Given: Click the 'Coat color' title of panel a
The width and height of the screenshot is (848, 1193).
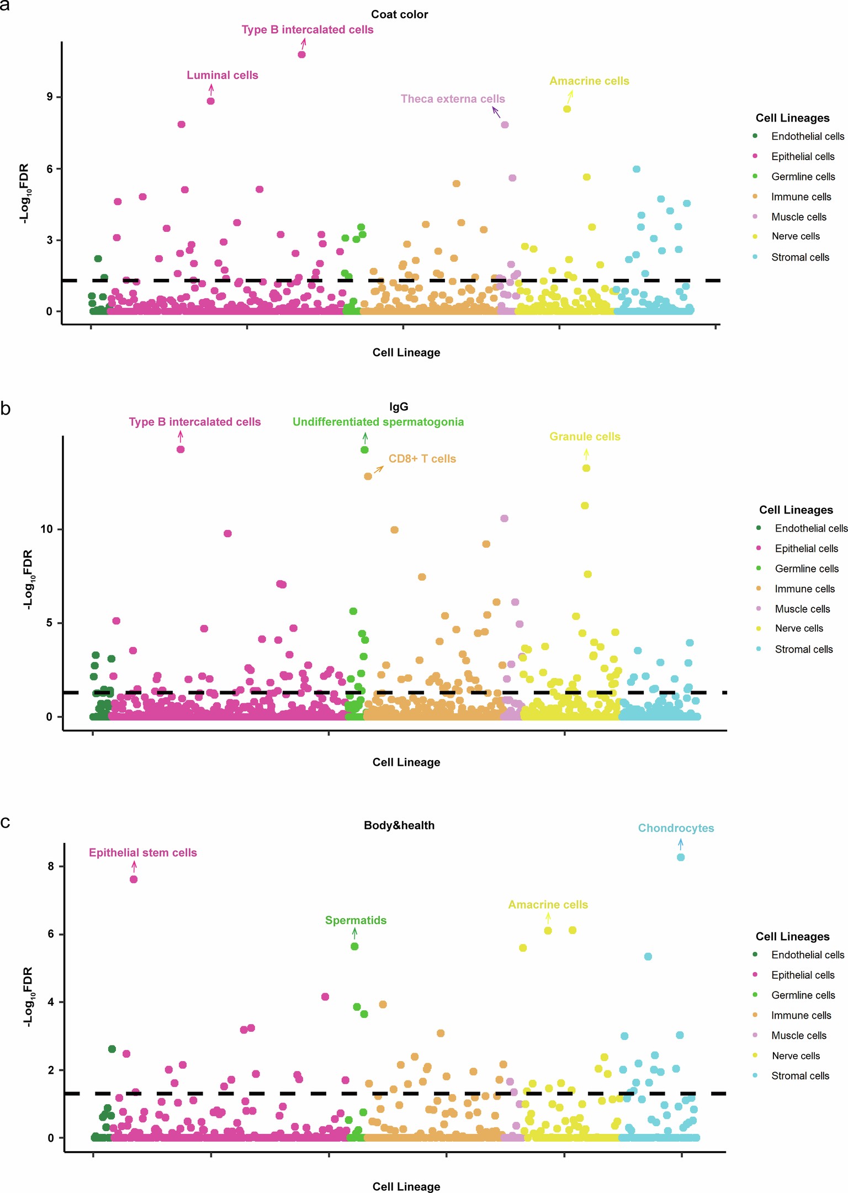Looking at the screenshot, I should tap(399, 14).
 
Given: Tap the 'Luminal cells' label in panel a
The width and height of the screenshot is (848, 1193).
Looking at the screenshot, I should tap(222, 75).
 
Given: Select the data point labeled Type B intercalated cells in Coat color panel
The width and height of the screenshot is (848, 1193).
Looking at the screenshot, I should tap(301, 55).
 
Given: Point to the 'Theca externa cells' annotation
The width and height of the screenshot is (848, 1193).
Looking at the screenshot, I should tap(453, 99).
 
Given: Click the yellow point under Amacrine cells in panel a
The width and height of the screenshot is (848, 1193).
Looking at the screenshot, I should tap(567, 109).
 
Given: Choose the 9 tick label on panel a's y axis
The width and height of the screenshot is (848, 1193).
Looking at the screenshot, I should tap(50, 97).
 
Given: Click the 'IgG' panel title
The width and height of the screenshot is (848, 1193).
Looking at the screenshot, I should tap(399, 407).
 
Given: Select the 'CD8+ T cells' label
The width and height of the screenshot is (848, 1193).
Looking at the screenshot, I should tap(422, 459).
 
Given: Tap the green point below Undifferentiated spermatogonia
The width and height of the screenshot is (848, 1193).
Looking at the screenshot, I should tap(364, 450).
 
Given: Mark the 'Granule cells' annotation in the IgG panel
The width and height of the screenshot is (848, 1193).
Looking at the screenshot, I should tap(585, 437).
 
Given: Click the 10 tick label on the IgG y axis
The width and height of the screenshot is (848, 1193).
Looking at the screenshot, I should tap(46, 529).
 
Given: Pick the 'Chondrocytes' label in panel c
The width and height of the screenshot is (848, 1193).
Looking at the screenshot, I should tap(676, 828).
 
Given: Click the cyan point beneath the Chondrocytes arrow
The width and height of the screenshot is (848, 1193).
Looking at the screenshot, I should tap(681, 857).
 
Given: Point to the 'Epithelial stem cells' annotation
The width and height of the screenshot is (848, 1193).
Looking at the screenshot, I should tap(142, 852).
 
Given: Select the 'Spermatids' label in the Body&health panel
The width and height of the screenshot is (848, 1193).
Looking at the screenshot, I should tap(356, 920).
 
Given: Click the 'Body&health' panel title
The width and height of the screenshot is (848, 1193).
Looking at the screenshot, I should tap(399, 825).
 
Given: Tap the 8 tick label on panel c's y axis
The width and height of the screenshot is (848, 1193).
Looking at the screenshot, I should tap(51, 866).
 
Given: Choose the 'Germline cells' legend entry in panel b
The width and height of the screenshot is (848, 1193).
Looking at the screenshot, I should tap(806, 569).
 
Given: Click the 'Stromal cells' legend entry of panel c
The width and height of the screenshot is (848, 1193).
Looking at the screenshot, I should tap(800, 1075).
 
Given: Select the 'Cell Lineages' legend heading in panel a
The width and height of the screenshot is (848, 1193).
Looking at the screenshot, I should tap(792, 118).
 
